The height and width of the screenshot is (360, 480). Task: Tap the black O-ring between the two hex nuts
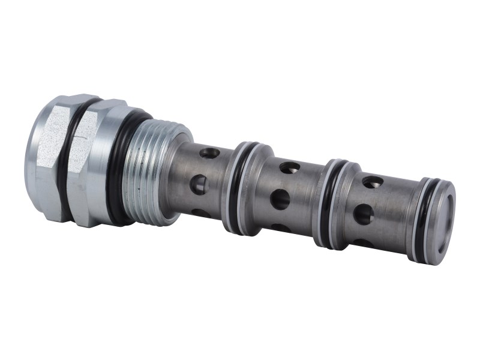pyautogui.click(x=72, y=162)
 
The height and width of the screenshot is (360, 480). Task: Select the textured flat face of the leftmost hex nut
pyautogui.click(x=51, y=150)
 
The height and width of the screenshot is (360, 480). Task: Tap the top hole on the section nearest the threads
pyautogui.click(x=209, y=154)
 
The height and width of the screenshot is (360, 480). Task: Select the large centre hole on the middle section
pyautogui.click(x=280, y=199)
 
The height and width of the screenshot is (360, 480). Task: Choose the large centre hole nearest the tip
pyautogui.click(x=363, y=214)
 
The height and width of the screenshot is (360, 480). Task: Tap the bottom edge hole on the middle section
pyautogui.click(x=276, y=228)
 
